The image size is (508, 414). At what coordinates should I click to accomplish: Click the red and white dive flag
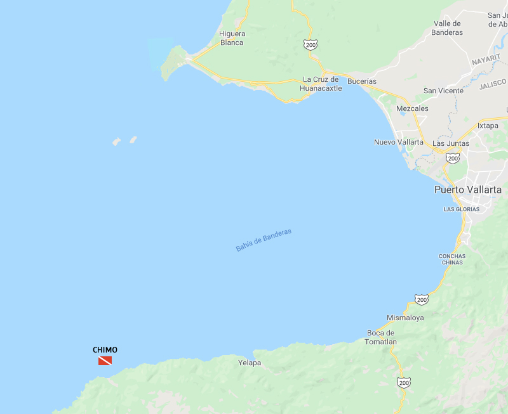point(105,361)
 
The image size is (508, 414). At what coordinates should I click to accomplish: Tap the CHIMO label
point(105,350)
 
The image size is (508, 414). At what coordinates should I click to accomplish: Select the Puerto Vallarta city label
point(467,190)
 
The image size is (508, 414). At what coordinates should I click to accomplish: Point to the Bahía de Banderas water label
point(264,240)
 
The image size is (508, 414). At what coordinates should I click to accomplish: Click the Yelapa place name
point(250,363)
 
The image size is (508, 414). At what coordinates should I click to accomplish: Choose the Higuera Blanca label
point(232,38)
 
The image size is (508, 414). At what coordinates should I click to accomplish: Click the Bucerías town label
point(362,81)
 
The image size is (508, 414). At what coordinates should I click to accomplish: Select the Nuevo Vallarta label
point(399,142)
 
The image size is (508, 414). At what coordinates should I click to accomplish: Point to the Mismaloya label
point(405,318)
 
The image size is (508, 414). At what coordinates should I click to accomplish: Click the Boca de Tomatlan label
point(382,337)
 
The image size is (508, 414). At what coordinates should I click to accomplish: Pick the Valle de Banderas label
point(448,28)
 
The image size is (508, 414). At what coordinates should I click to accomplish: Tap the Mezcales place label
point(412,108)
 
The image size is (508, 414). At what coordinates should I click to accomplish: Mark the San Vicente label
point(443,91)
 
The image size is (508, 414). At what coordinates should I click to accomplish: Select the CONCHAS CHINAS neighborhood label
point(452,260)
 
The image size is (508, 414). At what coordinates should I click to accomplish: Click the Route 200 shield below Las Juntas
point(453,158)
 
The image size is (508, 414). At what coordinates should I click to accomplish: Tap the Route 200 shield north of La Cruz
point(310,44)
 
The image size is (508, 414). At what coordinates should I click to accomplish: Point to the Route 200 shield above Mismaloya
point(422,299)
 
